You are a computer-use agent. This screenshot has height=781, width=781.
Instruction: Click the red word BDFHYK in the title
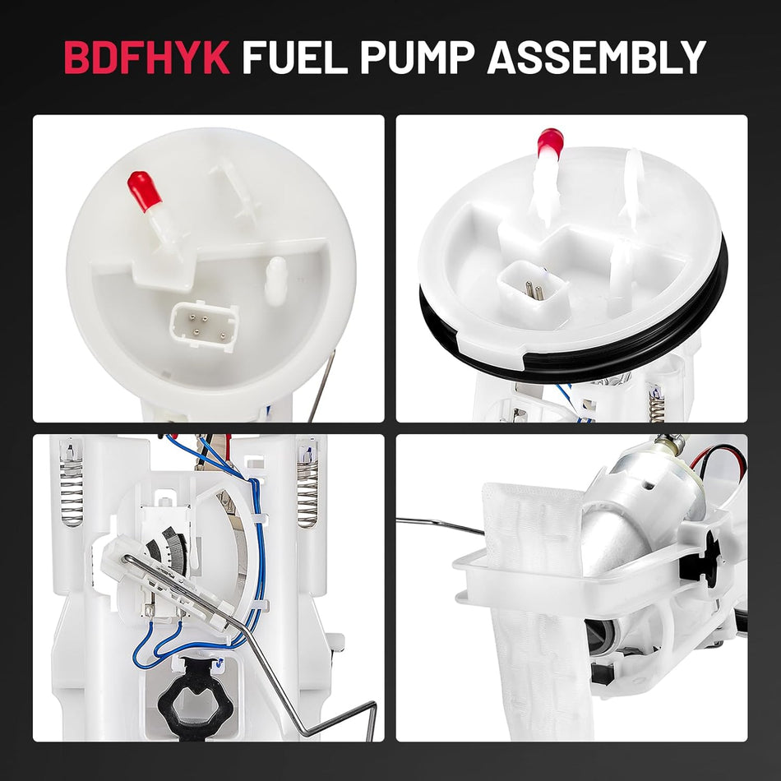point(146,58)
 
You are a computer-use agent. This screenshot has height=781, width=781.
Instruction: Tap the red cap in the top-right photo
point(549,143)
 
